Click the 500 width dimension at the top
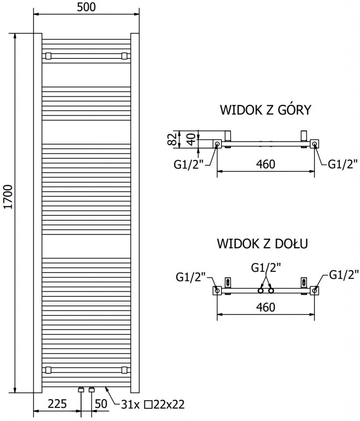(x=86, y=7)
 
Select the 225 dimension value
(x=57, y=404)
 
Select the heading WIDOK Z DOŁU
(x=263, y=243)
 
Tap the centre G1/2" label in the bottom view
(x=266, y=268)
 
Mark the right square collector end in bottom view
(x=315, y=291)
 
